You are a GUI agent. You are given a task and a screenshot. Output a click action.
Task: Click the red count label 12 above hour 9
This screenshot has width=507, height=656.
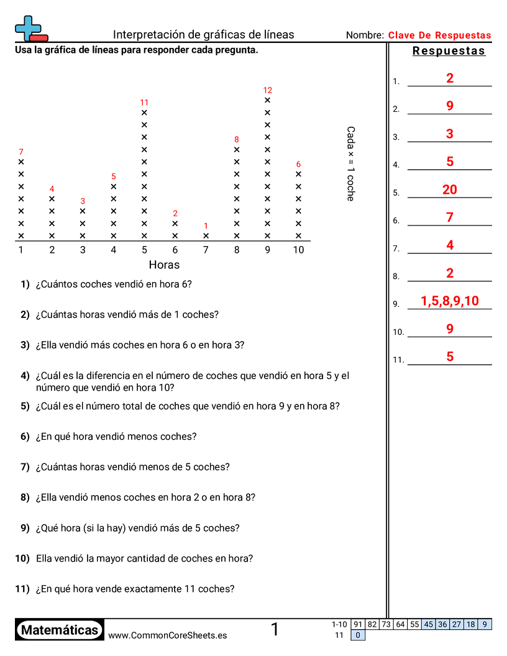(x=268, y=90)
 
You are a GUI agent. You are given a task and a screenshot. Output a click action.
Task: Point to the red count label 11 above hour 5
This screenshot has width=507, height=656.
(x=144, y=102)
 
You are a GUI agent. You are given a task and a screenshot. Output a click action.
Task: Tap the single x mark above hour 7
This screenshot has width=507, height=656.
(x=206, y=236)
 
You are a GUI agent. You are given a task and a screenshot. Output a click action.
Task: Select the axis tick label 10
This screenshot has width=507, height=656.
(x=299, y=250)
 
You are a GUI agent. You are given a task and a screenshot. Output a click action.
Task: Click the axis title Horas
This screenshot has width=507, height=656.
(x=164, y=265)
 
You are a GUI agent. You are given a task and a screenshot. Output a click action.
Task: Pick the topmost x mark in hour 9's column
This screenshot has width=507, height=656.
(x=268, y=100)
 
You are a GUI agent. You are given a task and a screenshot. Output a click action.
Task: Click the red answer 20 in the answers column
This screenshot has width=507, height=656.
(x=450, y=189)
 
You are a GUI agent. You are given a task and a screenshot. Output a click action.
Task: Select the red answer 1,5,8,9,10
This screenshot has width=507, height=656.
(x=450, y=301)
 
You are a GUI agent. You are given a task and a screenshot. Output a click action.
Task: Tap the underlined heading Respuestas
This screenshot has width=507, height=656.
(x=449, y=51)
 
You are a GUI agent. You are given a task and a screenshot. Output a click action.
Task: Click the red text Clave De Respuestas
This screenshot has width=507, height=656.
(x=439, y=35)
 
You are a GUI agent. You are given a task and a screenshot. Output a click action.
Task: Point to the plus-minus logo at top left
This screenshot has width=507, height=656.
(x=30, y=29)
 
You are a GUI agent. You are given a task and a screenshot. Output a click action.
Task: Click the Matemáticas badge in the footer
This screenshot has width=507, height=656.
(x=60, y=630)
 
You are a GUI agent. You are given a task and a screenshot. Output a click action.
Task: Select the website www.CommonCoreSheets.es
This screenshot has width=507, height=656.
(x=167, y=635)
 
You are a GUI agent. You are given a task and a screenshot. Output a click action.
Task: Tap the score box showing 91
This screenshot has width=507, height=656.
(x=358, y=624)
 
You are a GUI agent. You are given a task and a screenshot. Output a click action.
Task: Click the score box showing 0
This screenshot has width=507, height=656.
(x=358, y=635)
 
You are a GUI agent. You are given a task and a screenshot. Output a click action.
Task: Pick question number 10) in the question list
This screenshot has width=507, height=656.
(x=22, y=558)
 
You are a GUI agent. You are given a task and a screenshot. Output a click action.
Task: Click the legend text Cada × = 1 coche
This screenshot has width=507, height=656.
(x=350, y=163)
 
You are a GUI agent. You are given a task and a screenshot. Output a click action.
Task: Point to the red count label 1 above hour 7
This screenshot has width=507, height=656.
(x=206, y=226)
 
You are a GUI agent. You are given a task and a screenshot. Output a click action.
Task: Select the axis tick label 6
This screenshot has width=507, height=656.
(x=175, y=250)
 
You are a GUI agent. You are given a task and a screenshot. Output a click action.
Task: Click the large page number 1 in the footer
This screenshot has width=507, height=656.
(x=275, y=630)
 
